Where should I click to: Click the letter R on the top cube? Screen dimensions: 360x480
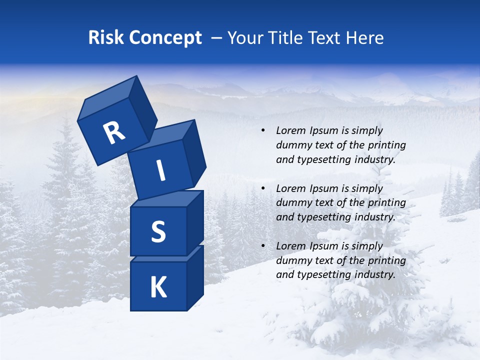(114, 133)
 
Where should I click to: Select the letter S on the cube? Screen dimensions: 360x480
(158, 231)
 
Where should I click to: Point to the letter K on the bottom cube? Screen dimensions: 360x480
(158, 287)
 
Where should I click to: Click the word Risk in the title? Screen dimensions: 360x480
(106, 38)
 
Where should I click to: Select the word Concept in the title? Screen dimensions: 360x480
(165, 38)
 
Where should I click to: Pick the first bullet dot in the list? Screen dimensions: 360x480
(263, 131)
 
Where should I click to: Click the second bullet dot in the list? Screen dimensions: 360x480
(263, 188)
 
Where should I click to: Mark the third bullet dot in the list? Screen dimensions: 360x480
(263, 246)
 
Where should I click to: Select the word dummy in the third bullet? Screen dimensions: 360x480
(292, 260)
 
